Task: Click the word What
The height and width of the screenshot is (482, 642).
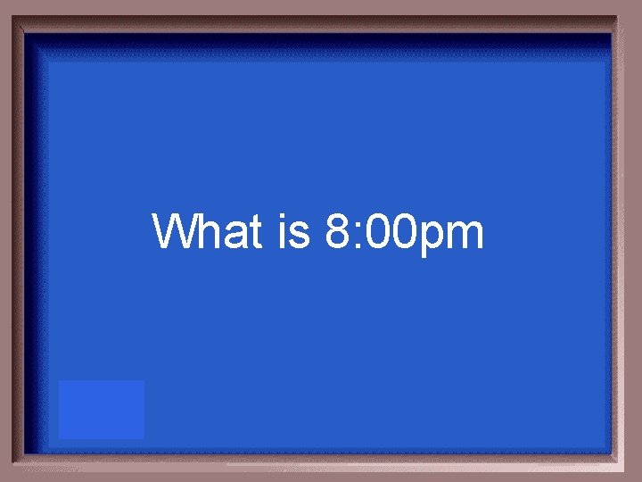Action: tap(208, 232)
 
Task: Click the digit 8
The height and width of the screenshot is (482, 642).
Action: tap(340, 232)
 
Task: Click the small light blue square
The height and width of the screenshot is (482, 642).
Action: tap(102, 410)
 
